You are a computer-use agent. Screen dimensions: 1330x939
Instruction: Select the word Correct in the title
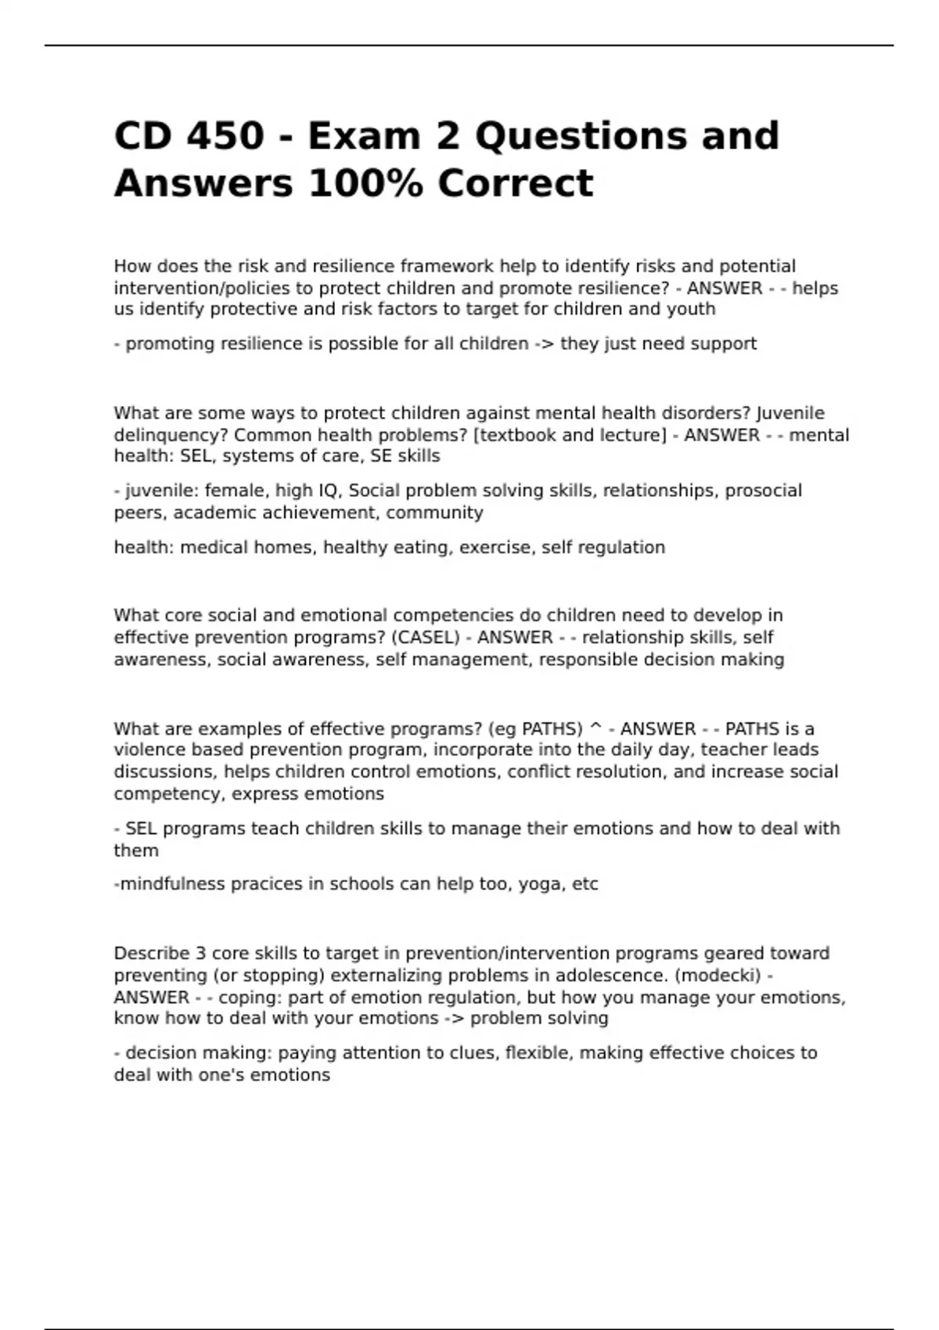click(515, 184)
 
